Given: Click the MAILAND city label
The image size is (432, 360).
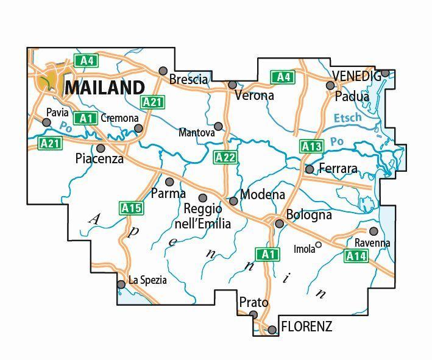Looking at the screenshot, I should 105,88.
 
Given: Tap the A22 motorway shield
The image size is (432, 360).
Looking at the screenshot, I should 225,158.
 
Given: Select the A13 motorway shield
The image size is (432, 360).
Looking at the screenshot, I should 311,146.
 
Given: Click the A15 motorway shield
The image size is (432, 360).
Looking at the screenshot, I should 132,208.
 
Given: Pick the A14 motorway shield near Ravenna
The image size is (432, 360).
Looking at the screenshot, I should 356,256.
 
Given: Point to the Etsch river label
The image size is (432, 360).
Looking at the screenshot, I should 348,118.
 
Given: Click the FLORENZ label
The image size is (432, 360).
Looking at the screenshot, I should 306,326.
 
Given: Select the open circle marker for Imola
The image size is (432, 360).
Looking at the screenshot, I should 318,246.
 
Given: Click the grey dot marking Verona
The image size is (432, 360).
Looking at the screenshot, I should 232,85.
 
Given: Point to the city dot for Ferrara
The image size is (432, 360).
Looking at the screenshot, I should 310,169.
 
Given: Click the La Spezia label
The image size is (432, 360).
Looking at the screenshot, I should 147,281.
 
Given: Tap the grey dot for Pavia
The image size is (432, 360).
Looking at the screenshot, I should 46,122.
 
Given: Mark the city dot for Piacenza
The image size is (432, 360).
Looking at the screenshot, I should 101,148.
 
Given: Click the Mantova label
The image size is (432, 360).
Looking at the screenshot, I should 197,132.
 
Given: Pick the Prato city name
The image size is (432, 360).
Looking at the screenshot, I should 253,302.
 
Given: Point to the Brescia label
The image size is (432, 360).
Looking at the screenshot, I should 188,80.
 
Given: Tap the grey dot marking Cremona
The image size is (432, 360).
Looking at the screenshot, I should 139,128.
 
